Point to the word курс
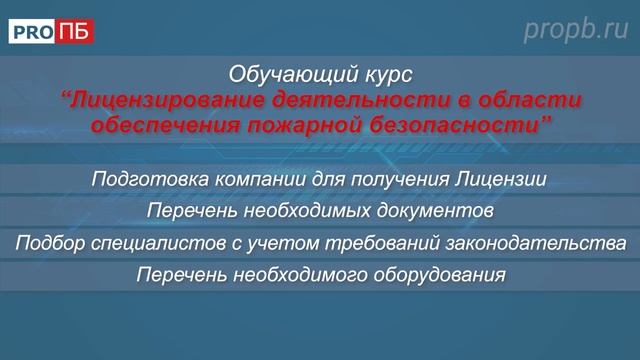coord(382,75)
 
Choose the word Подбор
coord(47,243)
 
